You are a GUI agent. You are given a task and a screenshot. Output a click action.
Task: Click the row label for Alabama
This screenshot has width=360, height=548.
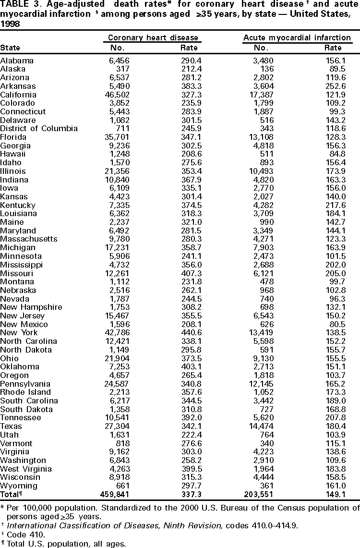click(x=17, y=61)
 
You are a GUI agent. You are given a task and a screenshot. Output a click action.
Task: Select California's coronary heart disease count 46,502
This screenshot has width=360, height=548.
click(x=116, y=95)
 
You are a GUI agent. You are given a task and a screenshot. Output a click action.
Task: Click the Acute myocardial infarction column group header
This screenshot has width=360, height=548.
click(x=297, y=37)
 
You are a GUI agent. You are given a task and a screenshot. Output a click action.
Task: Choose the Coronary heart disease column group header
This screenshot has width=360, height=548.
click(x=153, y=37)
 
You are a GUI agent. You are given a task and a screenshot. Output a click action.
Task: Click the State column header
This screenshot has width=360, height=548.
click(x=10, y=48)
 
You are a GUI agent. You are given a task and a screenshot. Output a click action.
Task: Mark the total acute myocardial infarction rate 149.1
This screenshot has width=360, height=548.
click(x=333, y=495)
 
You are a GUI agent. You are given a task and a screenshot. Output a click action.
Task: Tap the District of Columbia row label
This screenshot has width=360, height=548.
click(x=39, y=129)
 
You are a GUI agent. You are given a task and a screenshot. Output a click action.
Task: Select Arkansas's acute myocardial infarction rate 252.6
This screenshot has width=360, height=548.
click(x=333, y=86)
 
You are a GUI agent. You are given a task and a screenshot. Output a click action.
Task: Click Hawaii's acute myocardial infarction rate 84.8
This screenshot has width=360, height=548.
click(x=335, y=154)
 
